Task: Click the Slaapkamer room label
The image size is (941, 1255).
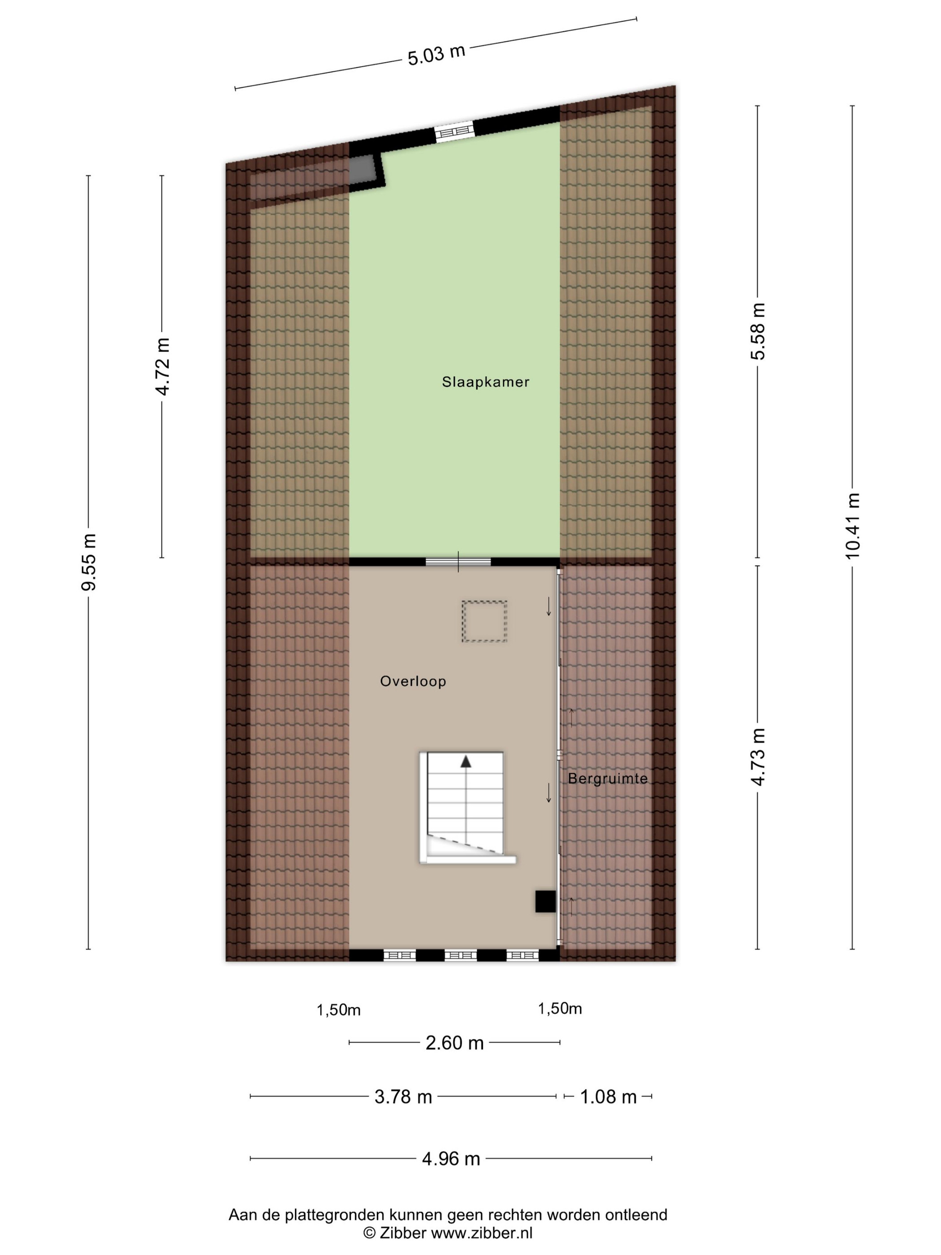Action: tap(486, 382)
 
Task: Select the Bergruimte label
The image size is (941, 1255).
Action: tap(608, 779)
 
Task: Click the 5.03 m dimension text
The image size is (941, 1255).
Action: tap(436, 55)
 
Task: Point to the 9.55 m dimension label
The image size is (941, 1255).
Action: tap(88, 562)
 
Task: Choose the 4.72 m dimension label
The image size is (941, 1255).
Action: tap(162, 367)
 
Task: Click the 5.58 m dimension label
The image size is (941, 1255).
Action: tap(758, 331)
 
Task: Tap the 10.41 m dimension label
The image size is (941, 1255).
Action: tap(853, 525)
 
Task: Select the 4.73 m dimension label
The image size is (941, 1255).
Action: tap(758, 757)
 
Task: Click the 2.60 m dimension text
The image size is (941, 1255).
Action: tap(454, 1043)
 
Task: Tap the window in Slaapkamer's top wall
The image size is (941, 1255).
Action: tap(454, 132)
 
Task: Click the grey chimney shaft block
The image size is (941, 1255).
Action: tap(361, 169)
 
